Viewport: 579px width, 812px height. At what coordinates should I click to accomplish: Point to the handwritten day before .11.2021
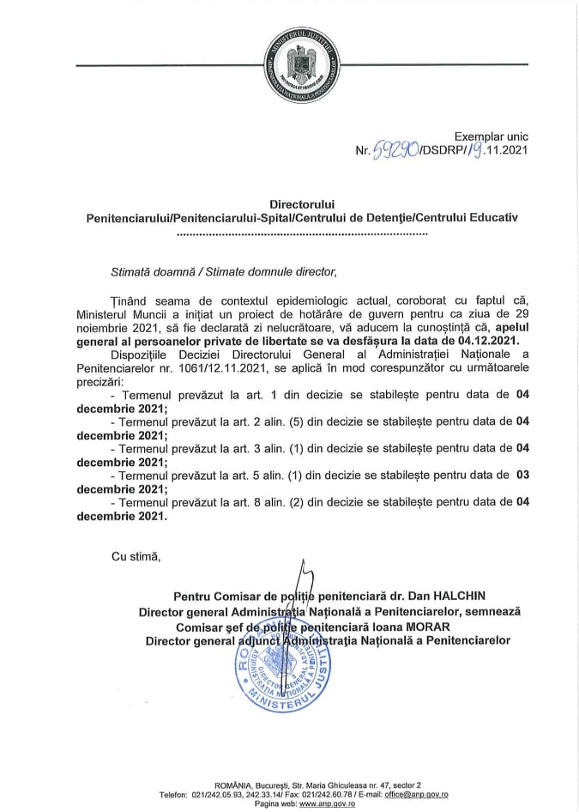point(463,151)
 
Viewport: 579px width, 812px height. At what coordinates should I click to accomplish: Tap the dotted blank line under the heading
point(288,233)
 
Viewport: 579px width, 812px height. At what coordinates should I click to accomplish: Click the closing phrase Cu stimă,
point(136,557)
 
